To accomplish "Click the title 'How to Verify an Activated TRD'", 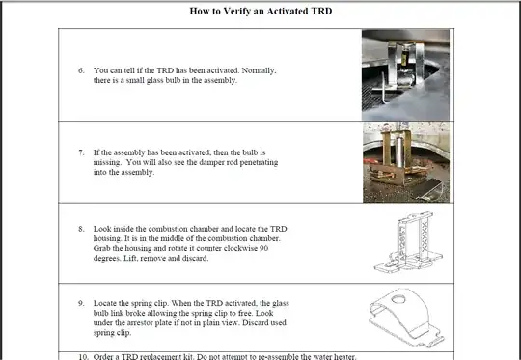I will click(260, 12).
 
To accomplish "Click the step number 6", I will click(81, 71).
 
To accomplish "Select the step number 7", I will click(81, 153).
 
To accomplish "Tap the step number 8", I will click(81, 228).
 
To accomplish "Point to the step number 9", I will click(81, 303).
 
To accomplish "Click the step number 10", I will click(83, 356).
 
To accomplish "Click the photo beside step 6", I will click(412, 74).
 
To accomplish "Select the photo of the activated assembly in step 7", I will click(412, 161).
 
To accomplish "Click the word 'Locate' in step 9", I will click(108, 303).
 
